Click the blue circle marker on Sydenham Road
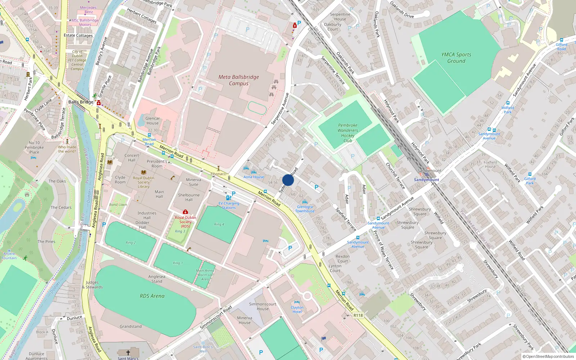point(288,180)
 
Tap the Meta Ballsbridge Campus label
point(239,80)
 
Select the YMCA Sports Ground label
point(456,58)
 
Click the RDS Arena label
point(152,296)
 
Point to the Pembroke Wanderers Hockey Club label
point(348,133)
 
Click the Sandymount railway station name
point(426,180)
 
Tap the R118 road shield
point(358,315)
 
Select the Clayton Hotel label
point(297,310)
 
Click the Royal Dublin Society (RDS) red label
point(185,222)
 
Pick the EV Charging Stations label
point(229,206)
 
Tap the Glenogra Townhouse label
point(305,209)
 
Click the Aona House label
point(253,177)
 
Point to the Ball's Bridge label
point(81,102)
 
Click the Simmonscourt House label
point(262,306)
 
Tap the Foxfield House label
point(490,165)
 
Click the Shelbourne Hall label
point(189,197)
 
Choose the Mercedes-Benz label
point(89,10)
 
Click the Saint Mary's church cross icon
point(128,353)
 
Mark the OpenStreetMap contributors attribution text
point(549,356)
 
